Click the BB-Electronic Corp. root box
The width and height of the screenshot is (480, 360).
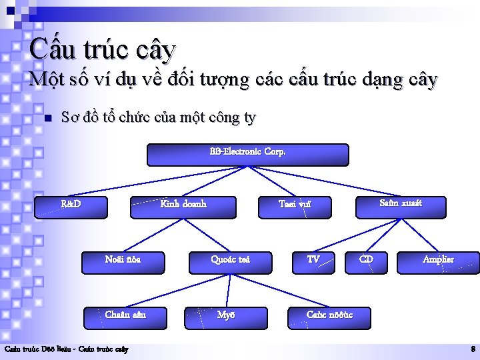click(x=247, y=155)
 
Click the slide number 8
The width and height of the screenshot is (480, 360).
click(x=473, y=349)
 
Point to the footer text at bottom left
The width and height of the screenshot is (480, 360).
click(x=67, y=349)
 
